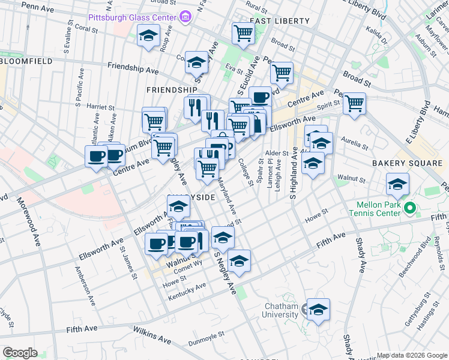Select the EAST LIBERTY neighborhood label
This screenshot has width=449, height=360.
(280, 21)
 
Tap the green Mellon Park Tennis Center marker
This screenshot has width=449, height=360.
(410, 209)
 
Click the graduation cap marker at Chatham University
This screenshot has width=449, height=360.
(319, 310)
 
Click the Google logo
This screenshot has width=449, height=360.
(20, 353)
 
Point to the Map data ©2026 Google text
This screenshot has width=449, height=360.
(411, 355)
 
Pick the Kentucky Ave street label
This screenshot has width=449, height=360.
(187, 292)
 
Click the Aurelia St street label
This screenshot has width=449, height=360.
(353, 143)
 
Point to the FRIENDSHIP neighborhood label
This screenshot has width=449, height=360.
(172, 90)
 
